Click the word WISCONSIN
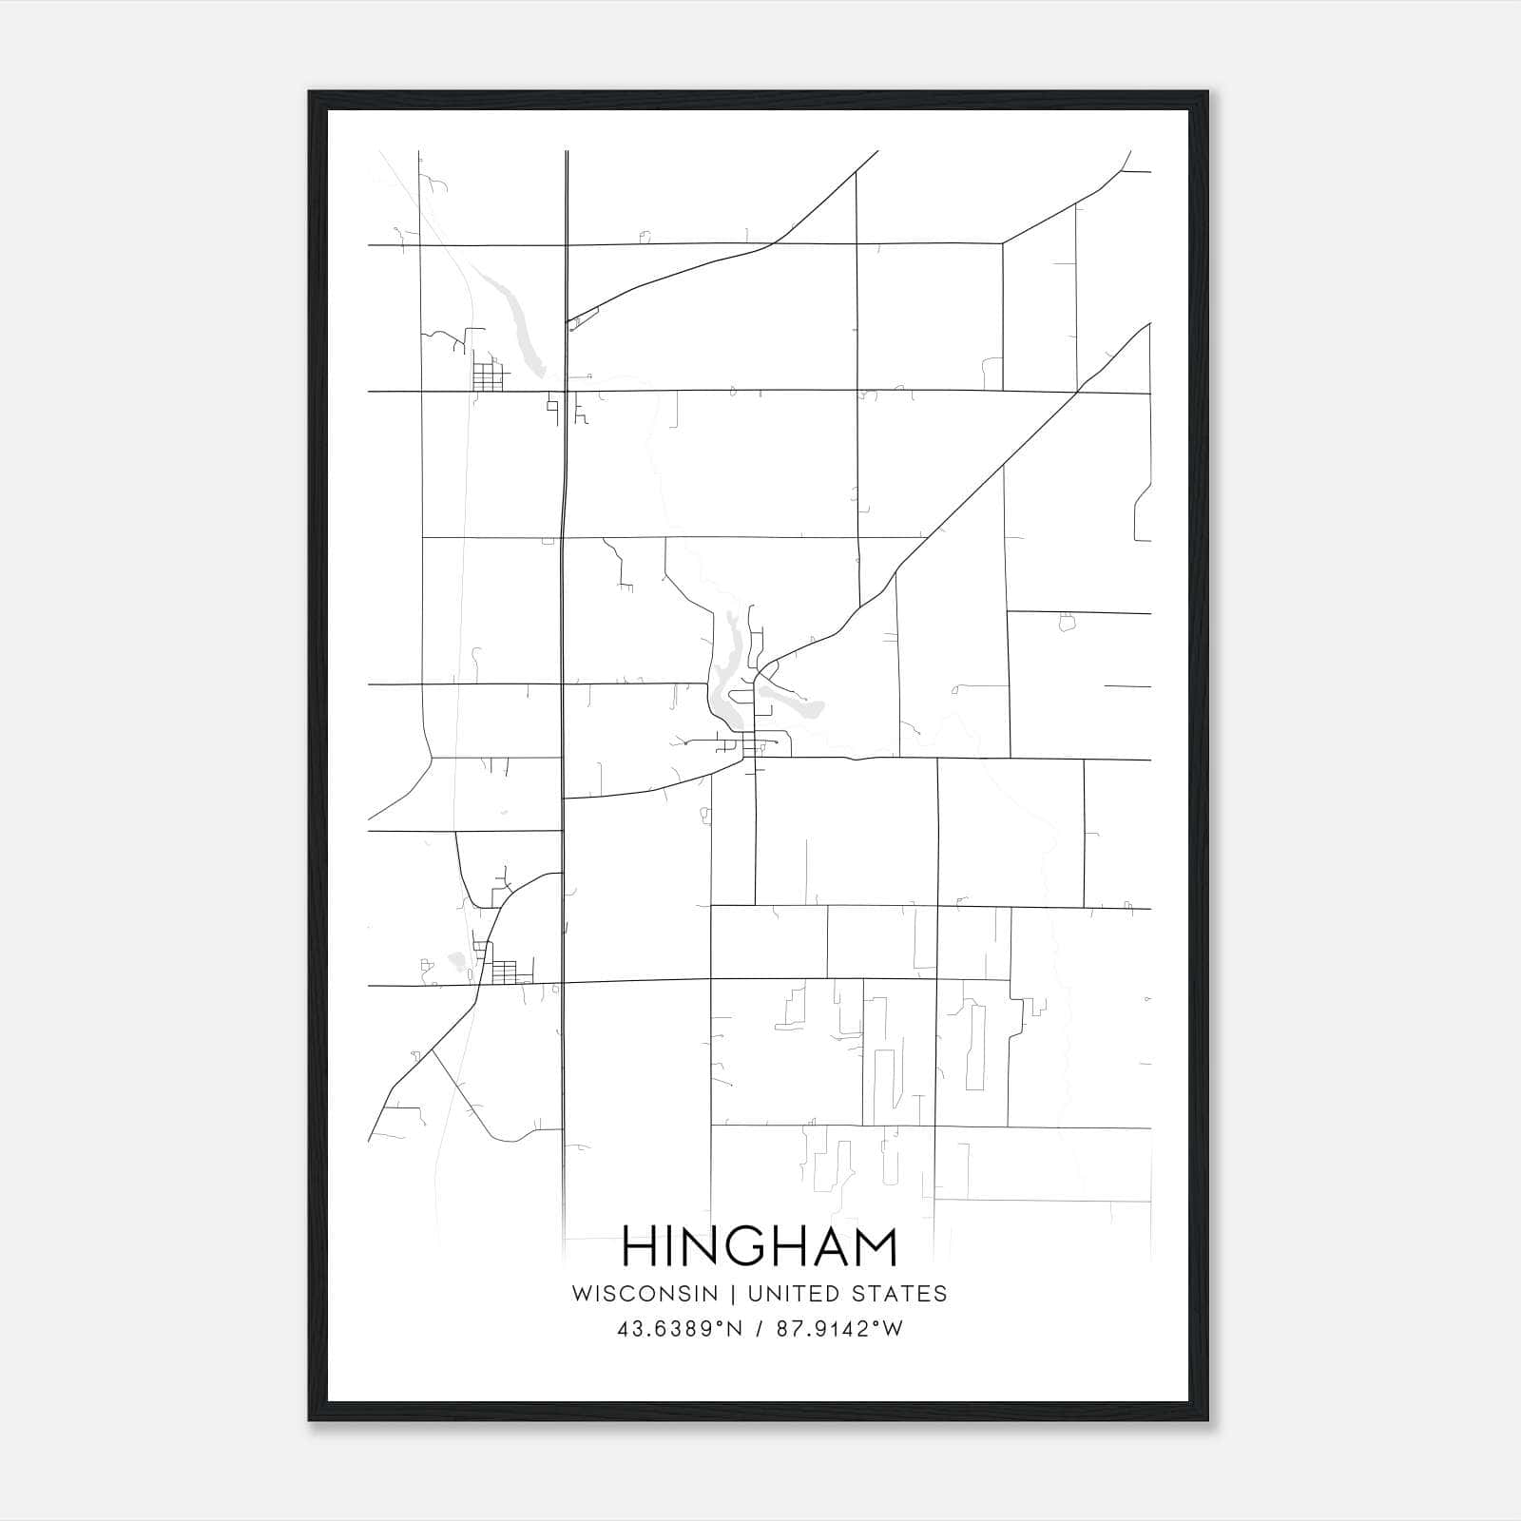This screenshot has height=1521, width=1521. click(x=652, y=1294)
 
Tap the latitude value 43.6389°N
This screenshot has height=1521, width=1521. click(x=677, y=1329)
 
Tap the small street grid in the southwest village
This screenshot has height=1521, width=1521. click(x=503, y=972)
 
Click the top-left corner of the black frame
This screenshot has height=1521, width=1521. click(x=310, y=92)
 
